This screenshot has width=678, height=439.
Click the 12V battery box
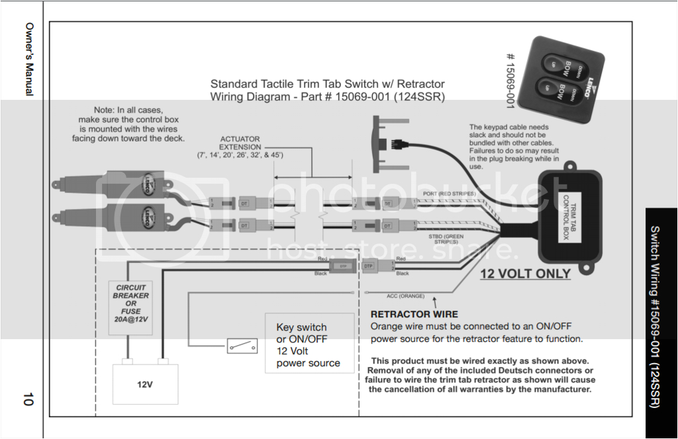[146, 382]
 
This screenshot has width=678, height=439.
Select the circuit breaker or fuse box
[130, 306]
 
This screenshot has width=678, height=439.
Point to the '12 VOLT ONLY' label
[525, 274]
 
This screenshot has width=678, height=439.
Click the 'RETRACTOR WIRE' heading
[414, 315]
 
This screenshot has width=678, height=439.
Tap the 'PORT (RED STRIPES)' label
[450, 193]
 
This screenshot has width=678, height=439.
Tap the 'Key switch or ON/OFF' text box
[309, 345]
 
